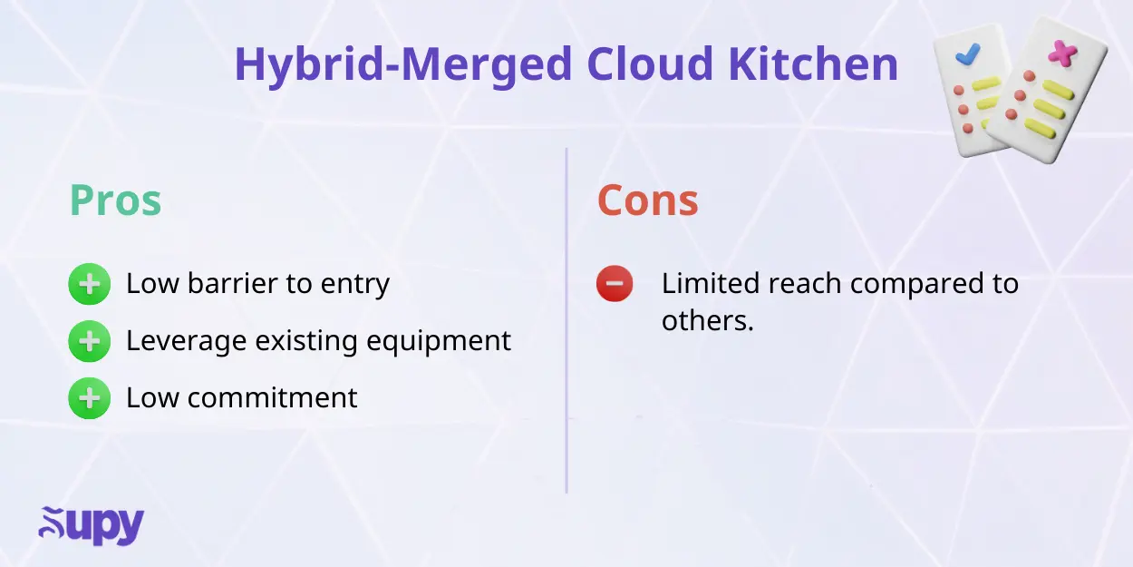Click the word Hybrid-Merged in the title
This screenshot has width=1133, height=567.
[x=403, y=64]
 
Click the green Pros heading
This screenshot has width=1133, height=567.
[x=115, y=201]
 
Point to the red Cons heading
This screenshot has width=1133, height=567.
[x=647, y=200]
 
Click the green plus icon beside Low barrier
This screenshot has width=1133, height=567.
[x=89, y=285]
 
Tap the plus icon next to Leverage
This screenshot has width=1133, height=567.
[x=89, y=341]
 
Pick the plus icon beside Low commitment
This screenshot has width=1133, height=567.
[x=89, y=398]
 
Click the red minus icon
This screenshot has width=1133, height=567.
[x=615, y=284]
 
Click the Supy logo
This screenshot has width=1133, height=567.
[x=91, y=527]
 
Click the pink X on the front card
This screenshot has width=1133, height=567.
[x=1060, y=54]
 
